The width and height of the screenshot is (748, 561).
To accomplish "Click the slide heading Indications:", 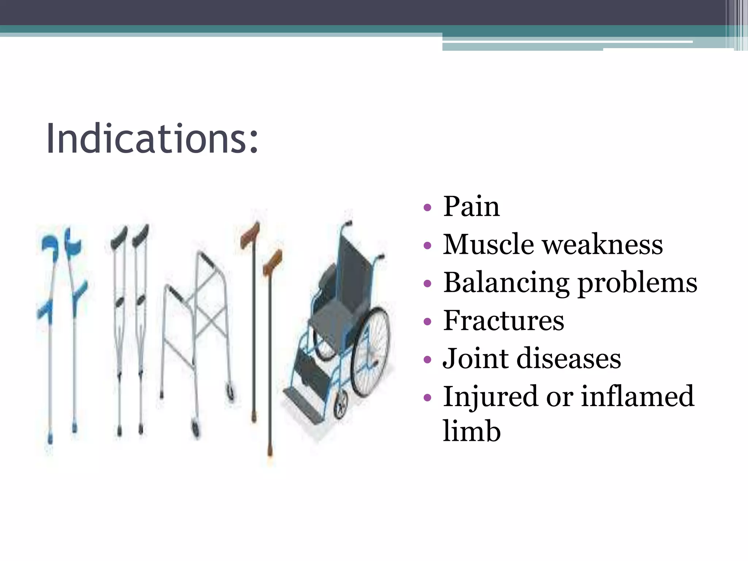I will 152,139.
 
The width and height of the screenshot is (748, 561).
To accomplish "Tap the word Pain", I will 471,206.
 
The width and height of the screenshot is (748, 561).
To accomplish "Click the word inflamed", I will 637,396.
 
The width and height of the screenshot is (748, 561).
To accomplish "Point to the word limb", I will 471,431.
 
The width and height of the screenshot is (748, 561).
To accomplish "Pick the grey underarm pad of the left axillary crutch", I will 118,237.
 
